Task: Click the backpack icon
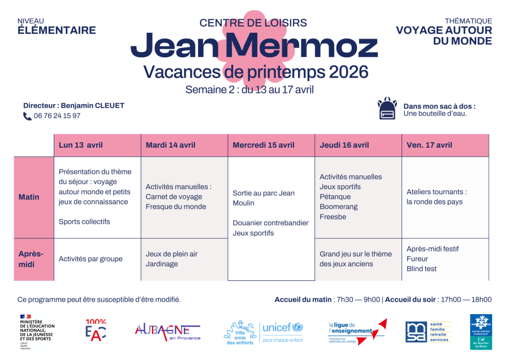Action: point(387,109)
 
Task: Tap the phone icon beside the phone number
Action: point(27,116)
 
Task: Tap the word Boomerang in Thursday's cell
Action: point(339,207)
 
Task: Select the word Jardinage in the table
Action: point(162,264)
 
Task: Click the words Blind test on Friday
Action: point(421,269)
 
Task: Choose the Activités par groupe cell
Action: point(90,259)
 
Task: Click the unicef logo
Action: point(283,331)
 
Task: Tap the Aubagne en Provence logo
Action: point(167,331)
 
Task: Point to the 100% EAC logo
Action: point(96,331)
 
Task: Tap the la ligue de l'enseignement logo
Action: point(357,331)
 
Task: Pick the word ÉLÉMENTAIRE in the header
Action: point(57,31)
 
